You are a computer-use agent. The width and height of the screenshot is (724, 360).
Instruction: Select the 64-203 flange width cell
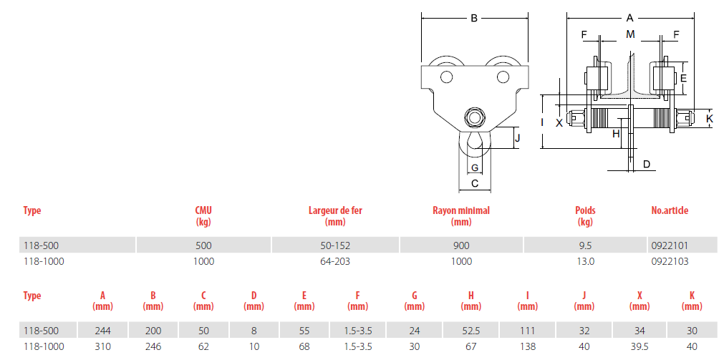click(x=335, y=262)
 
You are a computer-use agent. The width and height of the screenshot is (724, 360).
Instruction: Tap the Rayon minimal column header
click(x=460, y=216)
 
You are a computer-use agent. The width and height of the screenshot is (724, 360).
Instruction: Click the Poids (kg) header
click(x=585, y=216)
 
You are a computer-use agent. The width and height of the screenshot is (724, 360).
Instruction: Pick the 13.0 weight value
click(x=585, y=262)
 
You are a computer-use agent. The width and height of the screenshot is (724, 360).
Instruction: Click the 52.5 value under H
click(x=471, y=331)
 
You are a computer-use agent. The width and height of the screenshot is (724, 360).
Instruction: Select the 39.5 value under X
click(x=639, y=346)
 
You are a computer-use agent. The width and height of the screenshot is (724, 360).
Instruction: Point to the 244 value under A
click(x=102, y=331)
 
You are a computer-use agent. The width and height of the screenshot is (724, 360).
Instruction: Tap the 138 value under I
click(x=527, y=346)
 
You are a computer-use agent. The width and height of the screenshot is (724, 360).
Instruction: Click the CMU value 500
click(x=203, y=245)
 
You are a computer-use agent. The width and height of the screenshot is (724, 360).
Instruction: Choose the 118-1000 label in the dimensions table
click(x=44, y=346)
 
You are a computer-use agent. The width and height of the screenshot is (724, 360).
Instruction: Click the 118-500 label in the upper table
click(x=41, y=245)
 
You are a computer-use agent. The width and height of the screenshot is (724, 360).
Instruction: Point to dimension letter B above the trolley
click(x=474, y=19)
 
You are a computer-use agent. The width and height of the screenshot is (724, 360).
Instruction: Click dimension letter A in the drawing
click(x=629, y=19)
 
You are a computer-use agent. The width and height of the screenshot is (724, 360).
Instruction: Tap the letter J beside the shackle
click(x=518, y=137)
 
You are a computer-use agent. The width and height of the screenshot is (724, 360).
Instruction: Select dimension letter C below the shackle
click(x=474, y=183)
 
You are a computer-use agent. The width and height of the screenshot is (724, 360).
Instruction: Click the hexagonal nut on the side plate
click(x=474, y=117)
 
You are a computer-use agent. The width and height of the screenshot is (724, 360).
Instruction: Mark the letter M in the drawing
click(x=630, y=34)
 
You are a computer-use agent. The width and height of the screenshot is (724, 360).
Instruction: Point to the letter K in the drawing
click(x=710, y=118)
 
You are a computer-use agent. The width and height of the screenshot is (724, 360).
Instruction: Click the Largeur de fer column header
click(x=335, y=216)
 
